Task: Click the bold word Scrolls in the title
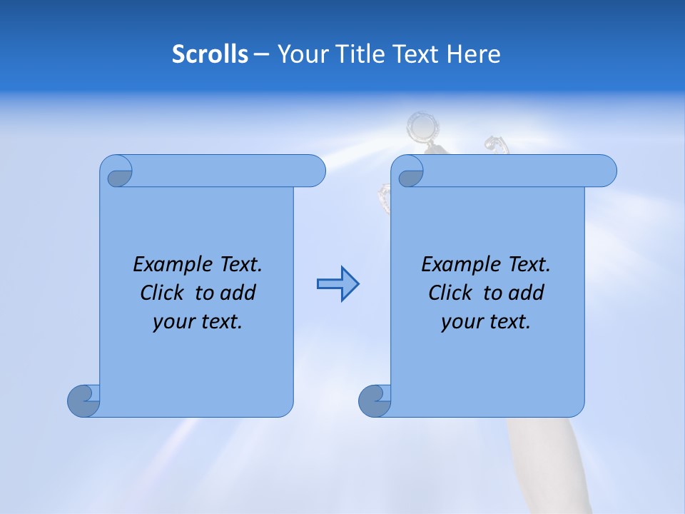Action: pos(210,54)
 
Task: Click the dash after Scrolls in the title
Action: pos(261,55)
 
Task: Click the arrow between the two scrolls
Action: pos(338,284)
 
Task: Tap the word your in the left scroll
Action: pos(172,322)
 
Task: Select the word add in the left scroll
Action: pos(238,293)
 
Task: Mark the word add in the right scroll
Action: pos(527,293)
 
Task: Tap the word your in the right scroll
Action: pos(460,322)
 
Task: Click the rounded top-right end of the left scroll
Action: pos(314,171)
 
